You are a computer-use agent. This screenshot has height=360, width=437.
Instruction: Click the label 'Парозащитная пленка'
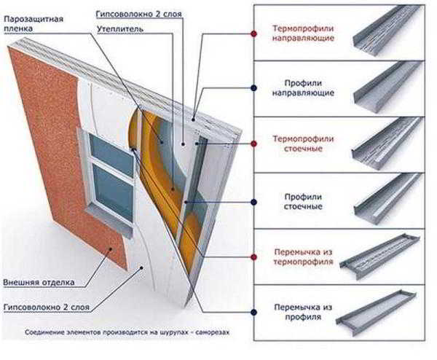(34, 24)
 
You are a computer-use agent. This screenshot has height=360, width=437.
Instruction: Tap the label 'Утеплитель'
(120, 29)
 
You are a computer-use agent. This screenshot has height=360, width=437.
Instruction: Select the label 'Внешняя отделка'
(39, 282)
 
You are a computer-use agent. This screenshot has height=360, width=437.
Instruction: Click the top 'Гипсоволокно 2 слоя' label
(139, 14)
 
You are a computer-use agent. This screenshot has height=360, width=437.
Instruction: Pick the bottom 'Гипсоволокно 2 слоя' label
(47, 307)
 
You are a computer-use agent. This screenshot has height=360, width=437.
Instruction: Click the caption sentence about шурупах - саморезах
(127, 332)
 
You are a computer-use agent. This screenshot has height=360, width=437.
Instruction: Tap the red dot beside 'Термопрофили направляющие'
(253, 34)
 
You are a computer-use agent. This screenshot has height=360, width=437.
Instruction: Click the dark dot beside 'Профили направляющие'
(253, 88)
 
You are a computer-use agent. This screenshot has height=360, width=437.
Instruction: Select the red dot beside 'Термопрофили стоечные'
(253, 144)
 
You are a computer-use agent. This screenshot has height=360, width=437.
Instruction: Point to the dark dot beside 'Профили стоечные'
(253, 202)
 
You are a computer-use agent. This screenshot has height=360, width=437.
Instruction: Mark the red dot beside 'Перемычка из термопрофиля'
(253, 257)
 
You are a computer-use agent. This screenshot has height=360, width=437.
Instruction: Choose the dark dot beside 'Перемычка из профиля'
(253, 312)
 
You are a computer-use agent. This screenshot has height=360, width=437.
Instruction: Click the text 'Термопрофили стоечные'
(303, 144)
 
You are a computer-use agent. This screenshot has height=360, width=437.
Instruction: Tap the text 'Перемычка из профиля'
(303, 312)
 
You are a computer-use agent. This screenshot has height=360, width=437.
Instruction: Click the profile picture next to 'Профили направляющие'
(388, 87)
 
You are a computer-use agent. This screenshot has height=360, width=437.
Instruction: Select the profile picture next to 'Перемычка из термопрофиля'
(380, 256)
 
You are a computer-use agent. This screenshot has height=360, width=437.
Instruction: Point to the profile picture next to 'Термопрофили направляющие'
(387, 31)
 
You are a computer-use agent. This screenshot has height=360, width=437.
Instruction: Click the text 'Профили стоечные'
(303, 202)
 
